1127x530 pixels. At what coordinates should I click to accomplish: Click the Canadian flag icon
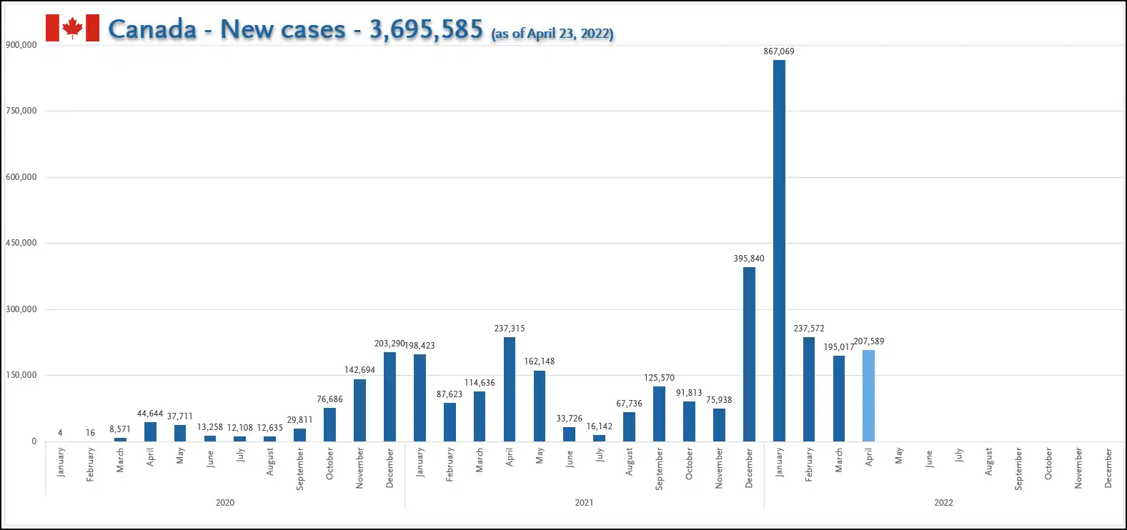point(72,28)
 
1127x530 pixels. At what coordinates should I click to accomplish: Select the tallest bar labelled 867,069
point(779,250)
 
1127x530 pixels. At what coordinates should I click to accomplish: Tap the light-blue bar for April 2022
point(868,396)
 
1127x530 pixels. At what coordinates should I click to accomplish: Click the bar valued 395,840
point(749,354)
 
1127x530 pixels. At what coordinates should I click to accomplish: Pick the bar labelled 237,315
point(510,389)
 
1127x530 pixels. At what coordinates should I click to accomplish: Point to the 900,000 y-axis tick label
point(21,45)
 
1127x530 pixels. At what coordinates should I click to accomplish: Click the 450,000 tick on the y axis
point(21,243)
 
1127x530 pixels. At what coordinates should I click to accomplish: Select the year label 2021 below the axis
point(584,503)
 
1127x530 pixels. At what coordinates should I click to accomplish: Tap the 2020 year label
point(225,503)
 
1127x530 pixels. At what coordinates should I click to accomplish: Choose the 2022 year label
point(943,503)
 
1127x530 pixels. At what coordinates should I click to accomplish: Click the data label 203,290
point(389,344)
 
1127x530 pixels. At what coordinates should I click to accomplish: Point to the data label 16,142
point(599,426)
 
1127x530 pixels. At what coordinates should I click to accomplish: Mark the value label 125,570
point(659,378)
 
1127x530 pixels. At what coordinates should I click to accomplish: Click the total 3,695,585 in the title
point(426,29)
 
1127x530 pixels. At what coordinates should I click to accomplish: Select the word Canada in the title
point(152,29)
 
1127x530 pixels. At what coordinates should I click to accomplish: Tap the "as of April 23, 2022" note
point(552,34)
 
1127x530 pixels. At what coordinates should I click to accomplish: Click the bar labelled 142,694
point(359,410)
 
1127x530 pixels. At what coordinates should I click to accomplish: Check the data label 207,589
point(869,341)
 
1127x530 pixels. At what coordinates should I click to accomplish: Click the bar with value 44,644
point(150,431)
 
